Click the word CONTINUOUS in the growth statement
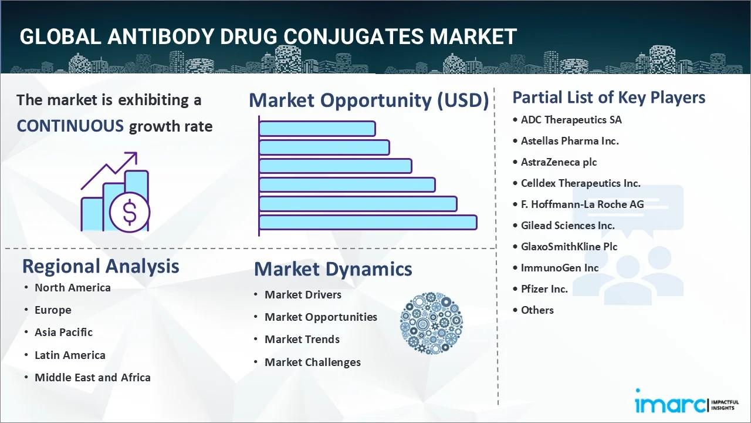pyautogui.click(x=70, y=126)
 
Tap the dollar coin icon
pyautogui.click(x=130, y=213)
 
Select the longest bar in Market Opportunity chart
pyautogui.click(x=367, y=222)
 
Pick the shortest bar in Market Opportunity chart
pyautogui.click(x=317, y=128)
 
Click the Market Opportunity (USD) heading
pyautogui.click(x=368, y=100)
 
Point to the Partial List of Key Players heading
pyautogui.click(x=608, y=97)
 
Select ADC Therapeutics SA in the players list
pyautogui.click(x=571, y=120)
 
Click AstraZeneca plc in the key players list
pyautogui.click(x=559, y=162)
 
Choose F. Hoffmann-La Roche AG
pyautogui.click(x=582, y=204)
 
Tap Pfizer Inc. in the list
pyautogui.click(x=544, y=289)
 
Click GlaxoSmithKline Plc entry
pyautogui.click(x=569, y=247)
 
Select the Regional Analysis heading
pyautogui.click(x=100, y=266)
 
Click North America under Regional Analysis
pyautogui.click(x=72, y=287)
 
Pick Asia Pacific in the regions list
pyautogui.click(x=63, y=333)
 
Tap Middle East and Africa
pyautogui.click(x=92, y=378)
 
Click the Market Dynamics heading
pyautogui.click(x=333, y=269)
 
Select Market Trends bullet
pyautogui.click(x=302, y=340)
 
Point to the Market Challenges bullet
pyautogui.click(x=312, y=362)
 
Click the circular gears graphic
pyautogui.click(x=431, y=323)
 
